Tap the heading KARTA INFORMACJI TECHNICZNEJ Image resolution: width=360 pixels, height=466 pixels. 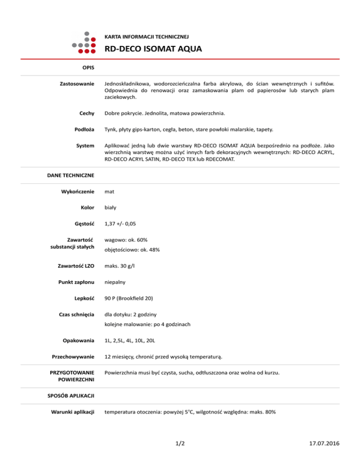click(146, 36)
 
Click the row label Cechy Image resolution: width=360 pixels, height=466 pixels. click(87, 113)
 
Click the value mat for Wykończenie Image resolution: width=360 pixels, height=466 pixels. click(110, 192)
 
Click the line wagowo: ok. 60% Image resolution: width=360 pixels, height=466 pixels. click(126, 240)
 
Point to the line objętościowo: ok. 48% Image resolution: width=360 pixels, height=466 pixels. click(132, 250)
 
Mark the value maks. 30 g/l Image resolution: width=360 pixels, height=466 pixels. click(121, 266)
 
